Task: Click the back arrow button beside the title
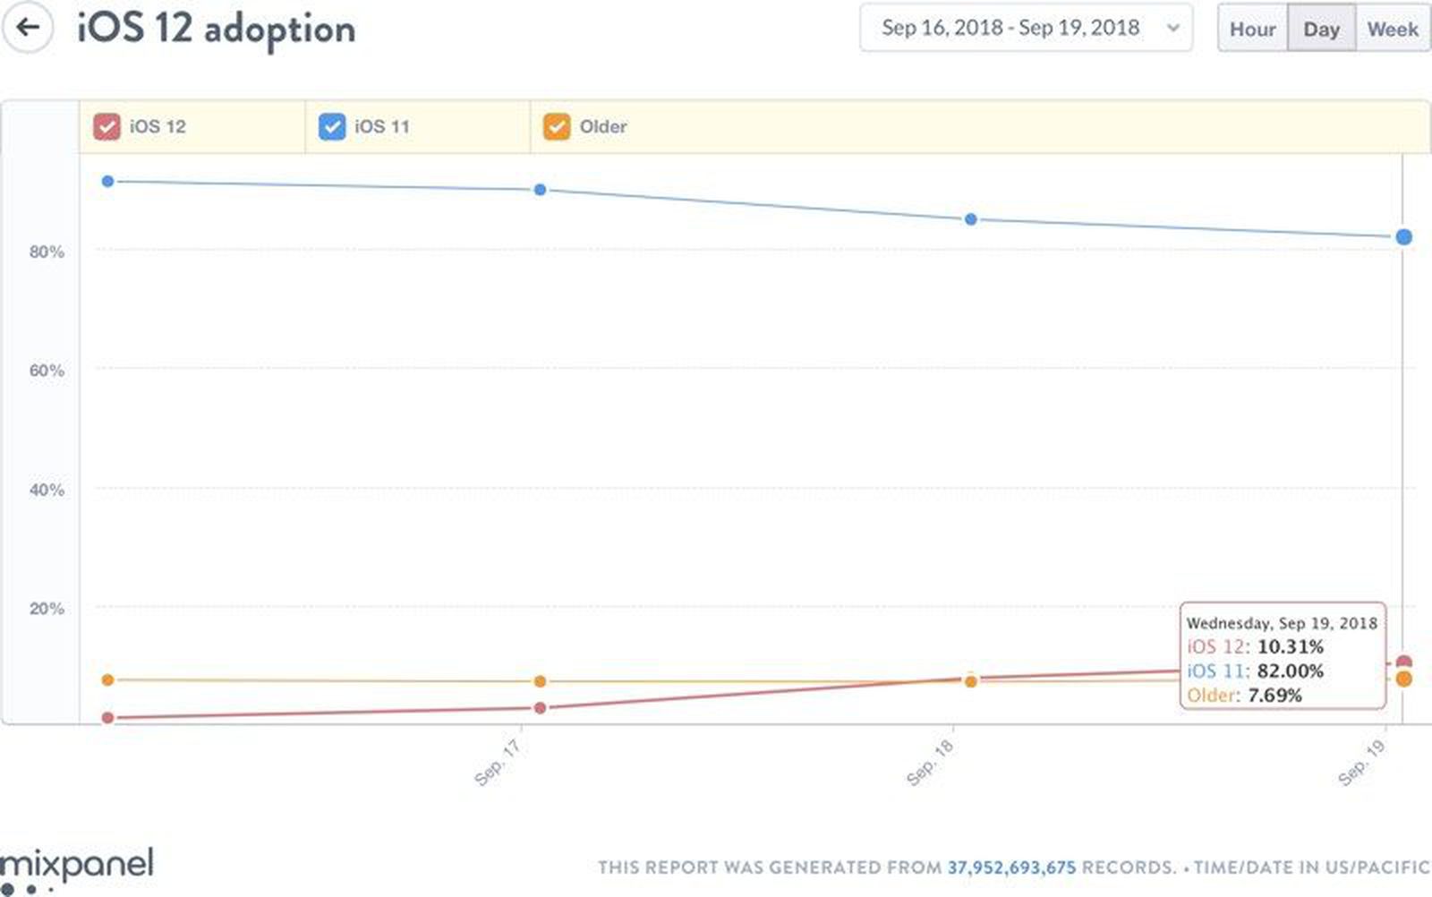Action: click(x=28, y=27)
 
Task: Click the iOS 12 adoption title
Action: click(x=216, y=29)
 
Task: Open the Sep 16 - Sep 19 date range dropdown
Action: click(x=1025, y=28)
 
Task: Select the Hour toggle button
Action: click(x=1252, y=30)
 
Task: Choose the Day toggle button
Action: click(x=1321, y=30)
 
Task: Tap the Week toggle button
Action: click(x=1392, y=30)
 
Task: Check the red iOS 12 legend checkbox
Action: click(x=107, y=126)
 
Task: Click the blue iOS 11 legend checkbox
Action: click(x=332, y=126)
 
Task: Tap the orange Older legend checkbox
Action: click(x=557, y=126)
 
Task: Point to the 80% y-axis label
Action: click(x=47, y=252)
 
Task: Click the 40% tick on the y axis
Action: click(x=47, y=490)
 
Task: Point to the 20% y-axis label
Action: click(x=47, y=609)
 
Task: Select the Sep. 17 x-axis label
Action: click(x=497, y=764)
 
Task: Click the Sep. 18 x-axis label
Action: click(x=930, y=764)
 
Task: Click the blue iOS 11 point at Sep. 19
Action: click(x=1403, y=237)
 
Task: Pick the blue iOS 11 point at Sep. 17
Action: click(x=540, y=190)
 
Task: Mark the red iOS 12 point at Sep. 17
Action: click(x=540, y=708)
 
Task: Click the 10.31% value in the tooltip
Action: click(x=1290, y=646)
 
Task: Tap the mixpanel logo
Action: click(x=77, y=865)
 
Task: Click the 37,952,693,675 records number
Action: click(x=1011, y=867)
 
